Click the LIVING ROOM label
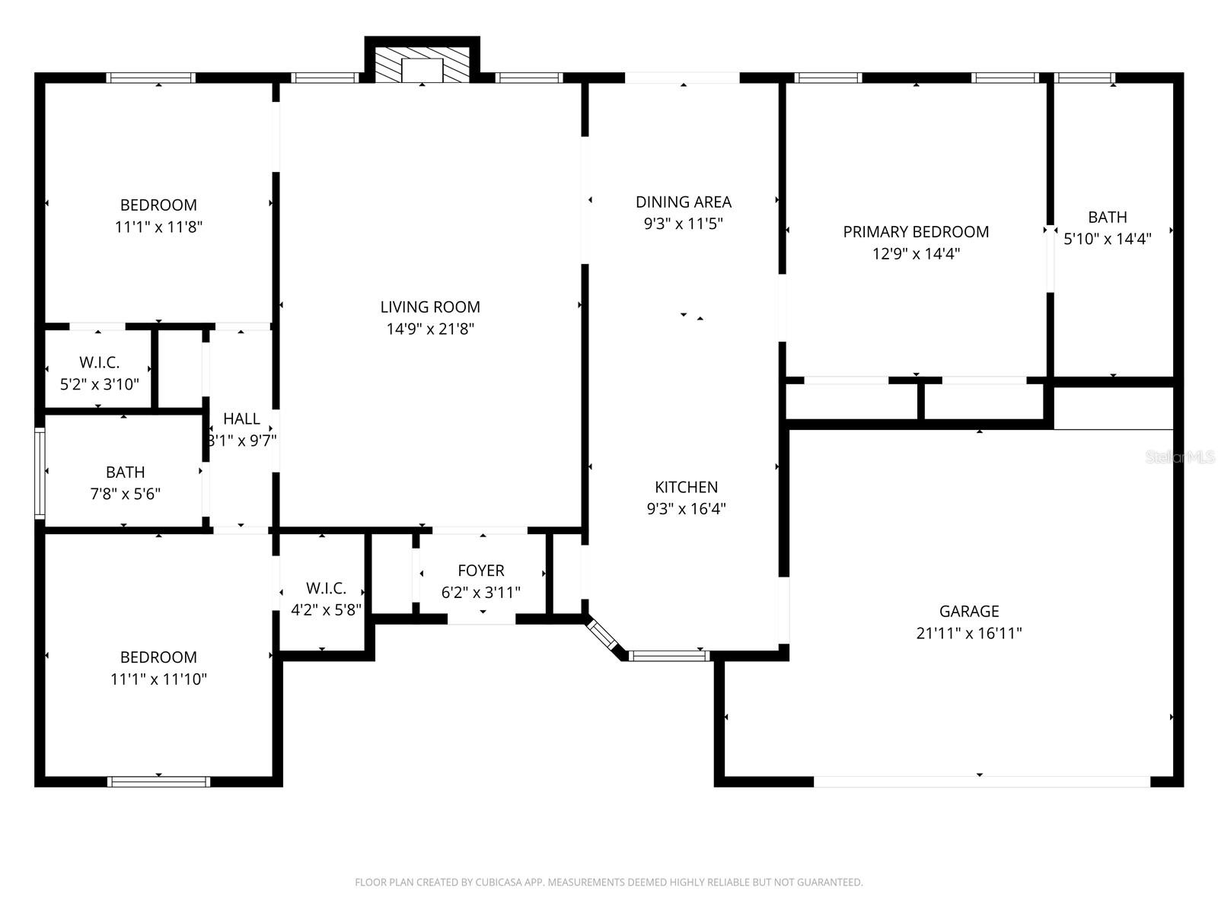pos(430,307)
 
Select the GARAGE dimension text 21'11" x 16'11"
pos(968,633)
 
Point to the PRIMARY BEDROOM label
pos(916,232)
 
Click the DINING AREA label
pos(684,202)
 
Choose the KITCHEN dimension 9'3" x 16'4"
pos(686,509)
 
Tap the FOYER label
pos(480,571)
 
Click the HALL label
pos(241,418)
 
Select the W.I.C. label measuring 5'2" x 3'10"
pos(99,363)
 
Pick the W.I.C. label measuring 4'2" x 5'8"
pos(326,588)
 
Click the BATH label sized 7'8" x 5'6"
pos(125,472)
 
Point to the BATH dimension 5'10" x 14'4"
pos(1107,239)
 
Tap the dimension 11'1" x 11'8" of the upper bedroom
pos(158,227)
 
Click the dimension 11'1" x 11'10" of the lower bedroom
pos(158,679)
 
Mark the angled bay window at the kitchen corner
pos(603,635)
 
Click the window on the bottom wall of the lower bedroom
pos(158,781)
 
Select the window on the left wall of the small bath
pos(40,472)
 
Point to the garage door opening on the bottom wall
pos(980,781)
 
